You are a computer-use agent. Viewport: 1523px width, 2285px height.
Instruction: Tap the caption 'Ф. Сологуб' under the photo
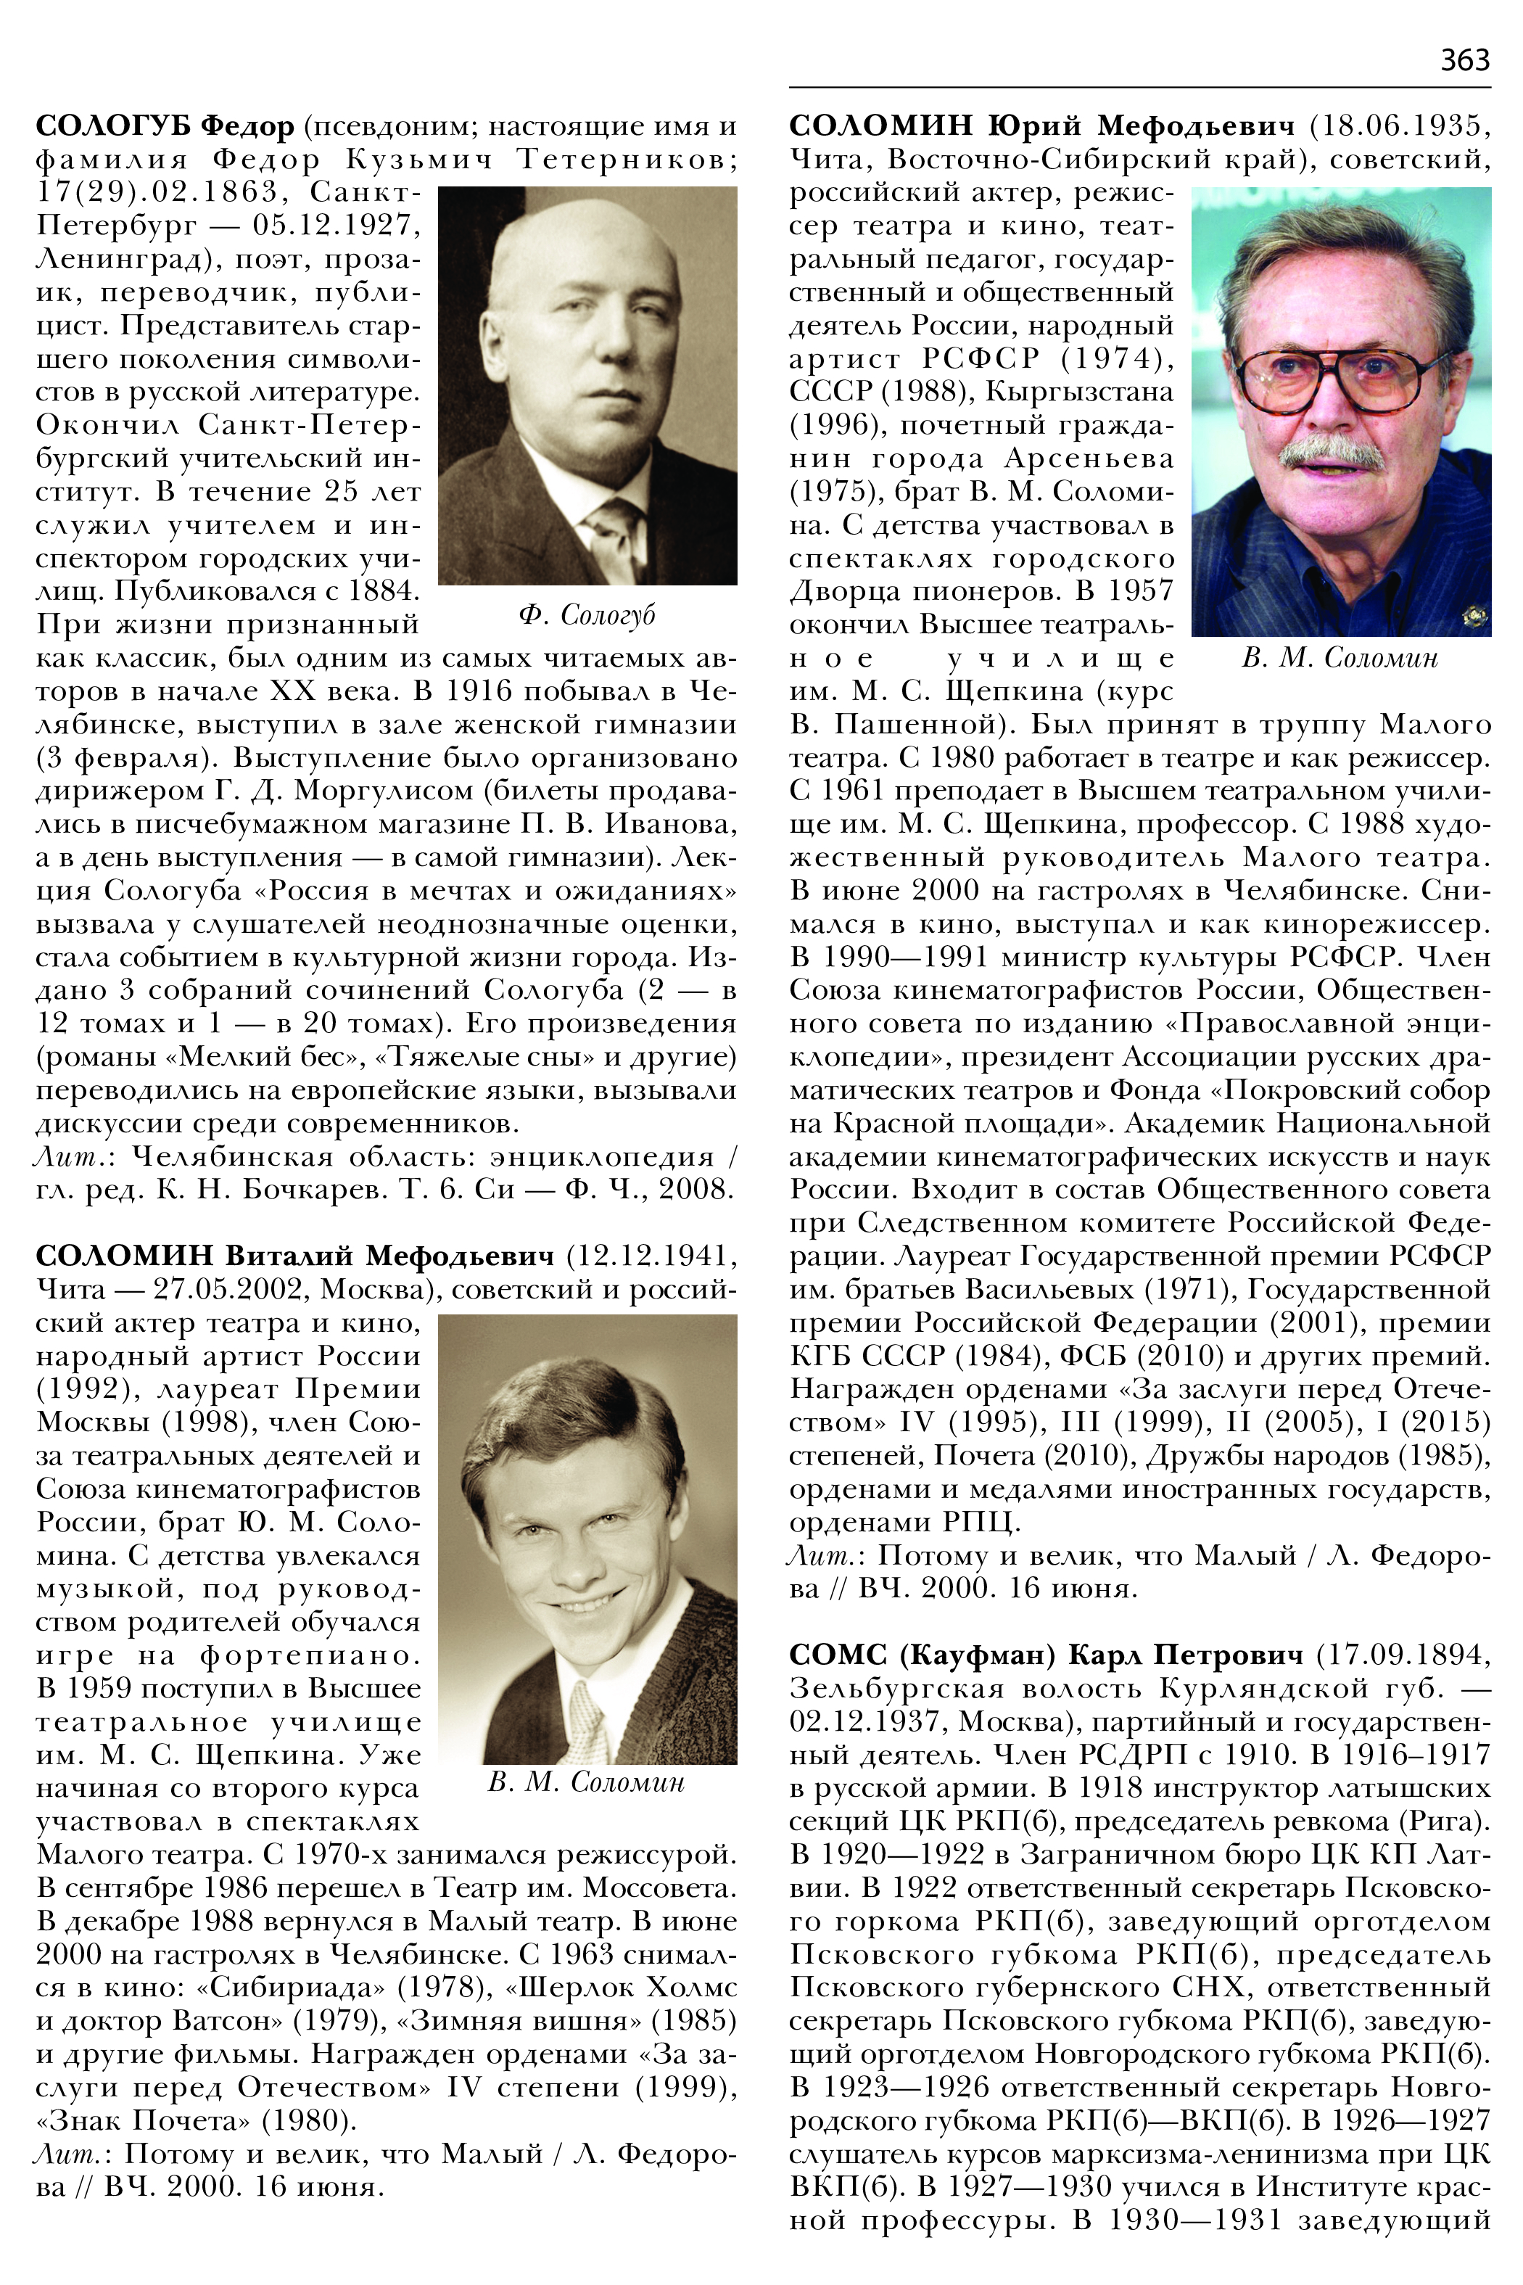click(x=587, y=615)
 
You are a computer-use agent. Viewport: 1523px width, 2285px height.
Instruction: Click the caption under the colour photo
click(x=1340, y=659)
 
